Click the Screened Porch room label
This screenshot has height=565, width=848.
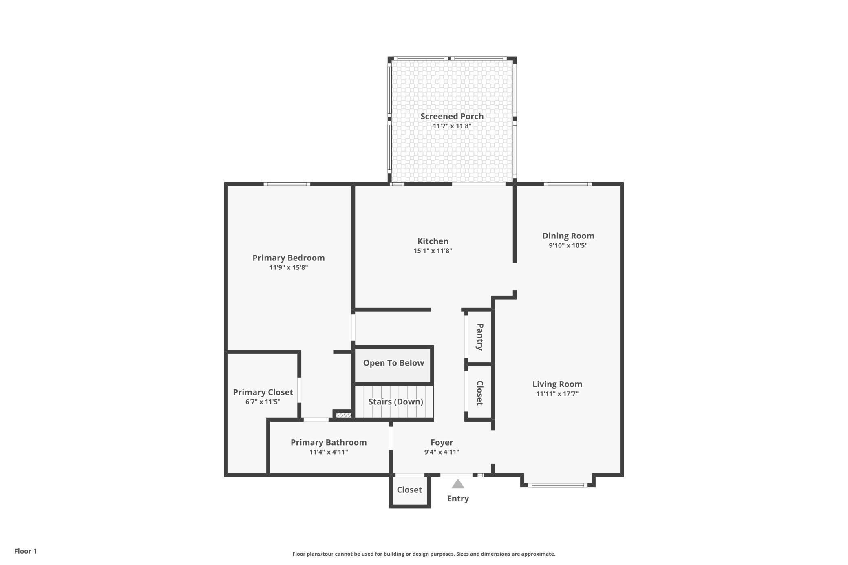click(x=452, y=116)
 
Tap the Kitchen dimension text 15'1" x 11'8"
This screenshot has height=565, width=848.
click(x=433, y=251)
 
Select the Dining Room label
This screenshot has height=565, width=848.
click(x=568, y=236)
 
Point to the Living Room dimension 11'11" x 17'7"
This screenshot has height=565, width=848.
click(x=557, y=394)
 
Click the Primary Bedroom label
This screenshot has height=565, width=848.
click(x=289, y=258)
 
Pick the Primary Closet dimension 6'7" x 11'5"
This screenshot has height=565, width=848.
click(x=263, y=402)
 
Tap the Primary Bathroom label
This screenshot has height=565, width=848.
click(x=329, y=442)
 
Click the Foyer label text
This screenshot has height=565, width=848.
click(x=442, y=442)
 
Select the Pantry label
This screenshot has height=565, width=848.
click(x=480, y=337)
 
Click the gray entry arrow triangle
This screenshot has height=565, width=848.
click(x=458, y=484)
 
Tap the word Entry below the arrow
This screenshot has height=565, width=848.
click(x=458, y=499)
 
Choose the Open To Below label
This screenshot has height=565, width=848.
click(x=393, y=363)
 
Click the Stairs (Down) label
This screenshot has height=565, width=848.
click(x=395, y=402)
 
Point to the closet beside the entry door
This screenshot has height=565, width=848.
click(x=410, y=491)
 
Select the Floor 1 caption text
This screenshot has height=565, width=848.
click(x=25, y=551)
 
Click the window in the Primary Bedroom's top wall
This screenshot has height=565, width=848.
click(x=287, y=184)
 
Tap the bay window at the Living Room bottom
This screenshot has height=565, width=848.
click(x=557, y=485)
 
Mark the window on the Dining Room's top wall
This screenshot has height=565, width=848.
click(x=568, y=184)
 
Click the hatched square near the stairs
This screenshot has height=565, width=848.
click(x=344, y=416)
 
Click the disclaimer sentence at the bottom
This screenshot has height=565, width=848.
click(x=424, y=554)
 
